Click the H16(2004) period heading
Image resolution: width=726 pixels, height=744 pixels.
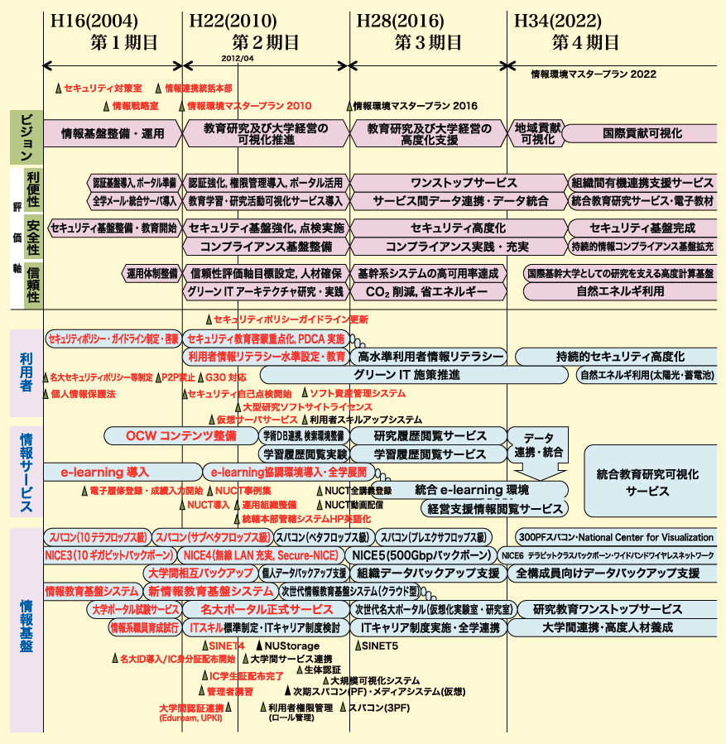(95, 20)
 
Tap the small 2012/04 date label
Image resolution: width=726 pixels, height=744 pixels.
(238, 58)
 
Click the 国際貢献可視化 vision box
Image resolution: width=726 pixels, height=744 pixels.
(642, 132)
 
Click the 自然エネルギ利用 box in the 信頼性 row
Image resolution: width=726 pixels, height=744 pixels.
(620, 291)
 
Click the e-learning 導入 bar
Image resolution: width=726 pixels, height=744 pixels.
(105, 472)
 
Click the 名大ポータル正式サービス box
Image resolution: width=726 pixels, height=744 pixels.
(267, 609)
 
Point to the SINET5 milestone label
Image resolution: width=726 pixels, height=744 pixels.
(380, 646)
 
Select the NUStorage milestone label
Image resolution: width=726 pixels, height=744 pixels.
(291, 646)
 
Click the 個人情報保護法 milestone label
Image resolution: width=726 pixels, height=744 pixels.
(82, 393)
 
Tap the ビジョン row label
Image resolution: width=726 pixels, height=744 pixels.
(26, 137)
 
